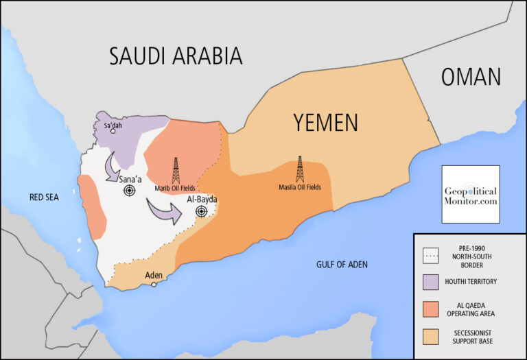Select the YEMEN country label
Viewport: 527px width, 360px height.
point(325,122)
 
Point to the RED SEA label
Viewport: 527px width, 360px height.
point(44,197)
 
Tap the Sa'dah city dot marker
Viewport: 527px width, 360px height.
point(113,131)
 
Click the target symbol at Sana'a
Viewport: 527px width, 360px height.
point(129,191)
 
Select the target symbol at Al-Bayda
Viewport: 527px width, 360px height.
point(201,211)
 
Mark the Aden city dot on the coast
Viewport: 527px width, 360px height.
point(154,285)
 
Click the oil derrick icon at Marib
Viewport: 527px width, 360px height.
point(175,170)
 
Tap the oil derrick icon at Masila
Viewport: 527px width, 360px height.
point(300,169)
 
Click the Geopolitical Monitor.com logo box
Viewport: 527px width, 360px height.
point(470,194)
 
